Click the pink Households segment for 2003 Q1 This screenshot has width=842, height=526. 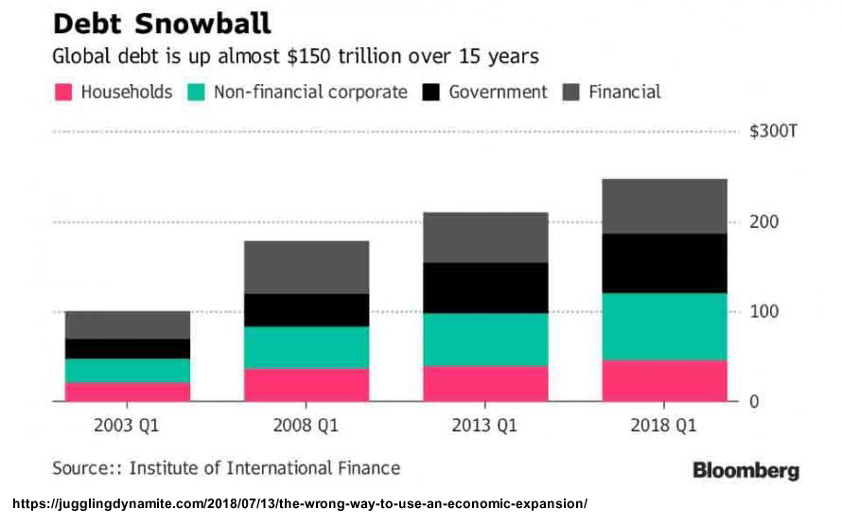128,392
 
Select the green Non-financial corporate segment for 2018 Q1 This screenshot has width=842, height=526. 664,326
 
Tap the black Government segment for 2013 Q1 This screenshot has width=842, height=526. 485,288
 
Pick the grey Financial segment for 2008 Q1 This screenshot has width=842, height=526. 307,267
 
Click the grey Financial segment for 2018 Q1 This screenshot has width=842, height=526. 664,205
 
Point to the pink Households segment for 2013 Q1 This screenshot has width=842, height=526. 485,383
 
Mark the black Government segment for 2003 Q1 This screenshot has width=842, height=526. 128,348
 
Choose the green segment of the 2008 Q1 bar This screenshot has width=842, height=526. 307,347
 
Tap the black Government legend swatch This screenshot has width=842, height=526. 430,93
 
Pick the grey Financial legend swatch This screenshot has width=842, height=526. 570,93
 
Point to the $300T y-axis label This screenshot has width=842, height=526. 774,131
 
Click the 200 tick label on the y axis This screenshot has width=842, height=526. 763,222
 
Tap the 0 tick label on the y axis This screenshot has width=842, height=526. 754,402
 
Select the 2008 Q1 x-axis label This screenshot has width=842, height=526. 307,427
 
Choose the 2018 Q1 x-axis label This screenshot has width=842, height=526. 664,427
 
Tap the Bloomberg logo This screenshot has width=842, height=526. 746,470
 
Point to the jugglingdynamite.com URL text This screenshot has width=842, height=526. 299,504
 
